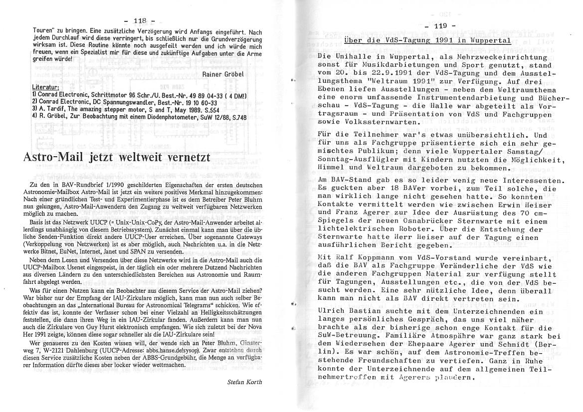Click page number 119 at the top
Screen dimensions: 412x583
tap(441, 25)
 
